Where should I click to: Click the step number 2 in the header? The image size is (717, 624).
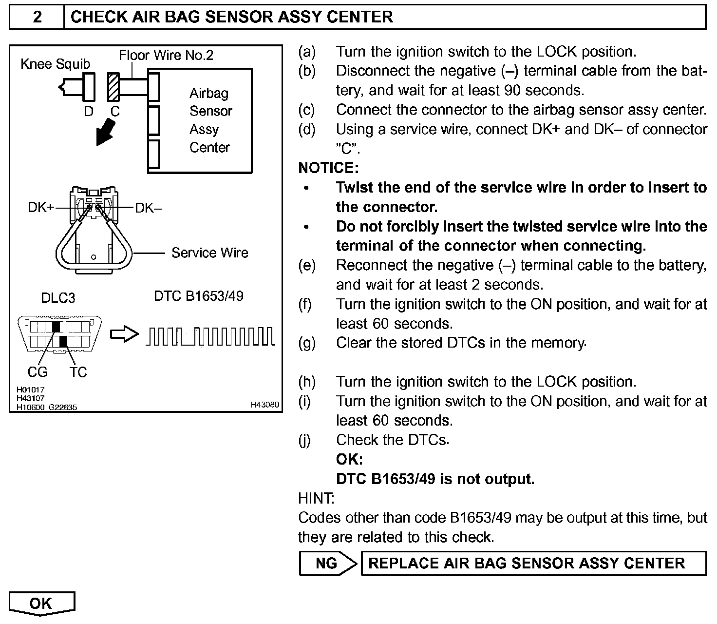[x=37, y=18]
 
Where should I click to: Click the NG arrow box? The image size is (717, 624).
[x=327, y=564]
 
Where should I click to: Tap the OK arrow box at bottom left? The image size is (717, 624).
[x=41, y=603]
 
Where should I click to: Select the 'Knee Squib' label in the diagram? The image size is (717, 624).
[x=55, y=64]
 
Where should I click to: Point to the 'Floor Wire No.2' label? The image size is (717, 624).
[x=166, y=55]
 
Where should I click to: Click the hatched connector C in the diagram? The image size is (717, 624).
[x=114, y=86]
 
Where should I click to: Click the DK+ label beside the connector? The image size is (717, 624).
[x=41, y=207]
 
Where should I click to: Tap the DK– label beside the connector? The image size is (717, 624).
[x=149, y=208]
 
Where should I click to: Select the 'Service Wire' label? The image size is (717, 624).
[x=209, y=253]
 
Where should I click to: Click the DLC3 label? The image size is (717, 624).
[x=58, y=298]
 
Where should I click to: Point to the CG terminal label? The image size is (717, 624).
[x=38, y=372]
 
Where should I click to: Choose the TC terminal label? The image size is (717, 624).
[x=78, y=372]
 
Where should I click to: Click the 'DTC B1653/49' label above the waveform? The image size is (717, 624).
[x=199, y=296]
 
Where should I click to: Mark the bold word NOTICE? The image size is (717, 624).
[x=328, y=168]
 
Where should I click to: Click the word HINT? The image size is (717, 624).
[x=316, y=498]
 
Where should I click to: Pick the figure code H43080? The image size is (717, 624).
[x=265, y=405]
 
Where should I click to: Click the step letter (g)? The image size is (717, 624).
[x=307, y=343]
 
